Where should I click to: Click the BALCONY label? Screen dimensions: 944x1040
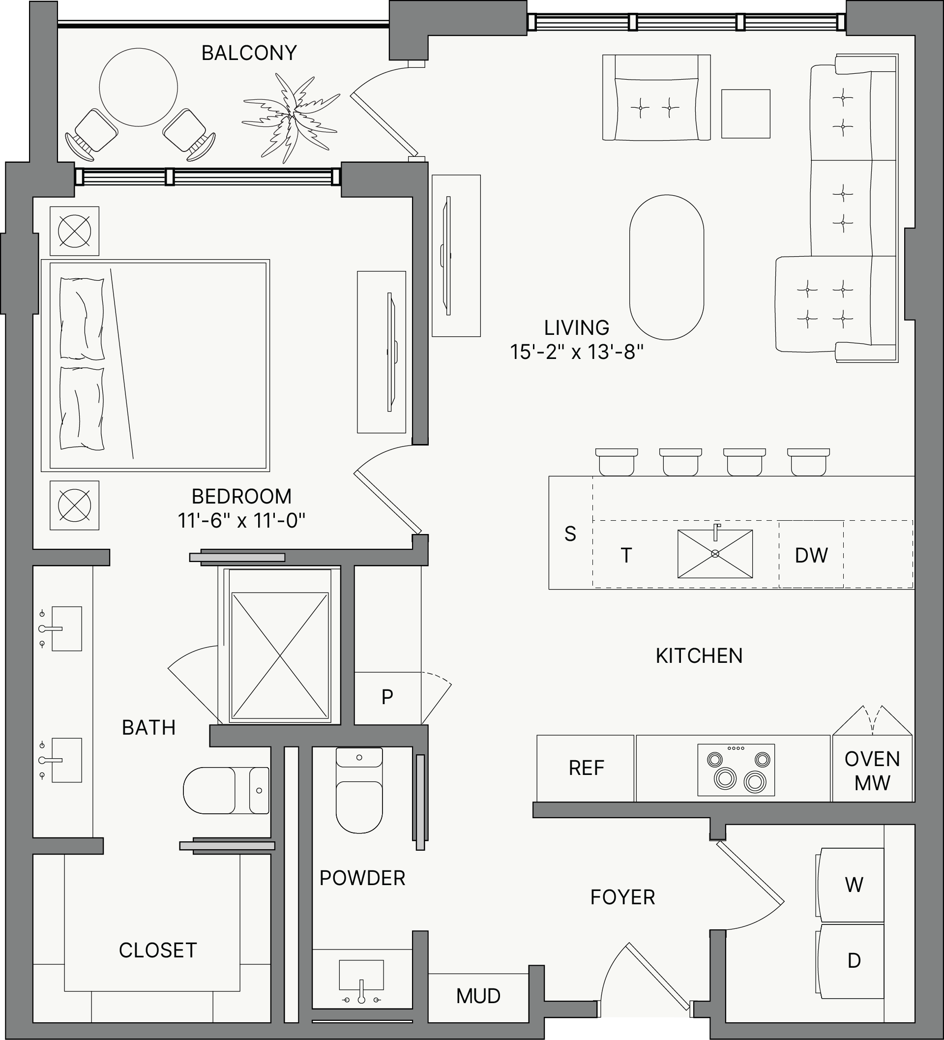[249, 53]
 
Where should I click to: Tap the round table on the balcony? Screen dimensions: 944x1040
[138, 87]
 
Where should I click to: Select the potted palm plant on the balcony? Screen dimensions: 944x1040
[291, 118]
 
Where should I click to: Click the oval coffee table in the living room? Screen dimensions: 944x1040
[667, 267]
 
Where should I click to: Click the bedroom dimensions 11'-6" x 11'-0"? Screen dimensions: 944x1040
[241, 521]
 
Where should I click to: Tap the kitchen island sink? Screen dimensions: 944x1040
[714, 554]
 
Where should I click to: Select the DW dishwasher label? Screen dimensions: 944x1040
[811, 555]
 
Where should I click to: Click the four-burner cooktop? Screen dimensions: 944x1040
[736, 770]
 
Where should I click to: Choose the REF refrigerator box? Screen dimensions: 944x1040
[586, 768]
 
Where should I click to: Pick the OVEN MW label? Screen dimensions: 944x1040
[872, 771]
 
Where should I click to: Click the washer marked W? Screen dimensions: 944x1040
[850, 885]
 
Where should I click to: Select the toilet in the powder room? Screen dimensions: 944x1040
[359, 790]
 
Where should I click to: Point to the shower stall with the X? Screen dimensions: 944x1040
[280, 655]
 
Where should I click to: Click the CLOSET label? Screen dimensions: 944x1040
[158, 950]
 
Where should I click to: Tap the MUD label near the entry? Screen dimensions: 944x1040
[478, 996]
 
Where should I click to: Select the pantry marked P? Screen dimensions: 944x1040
[388, 697]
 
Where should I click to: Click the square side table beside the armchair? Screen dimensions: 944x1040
[745, 114]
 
